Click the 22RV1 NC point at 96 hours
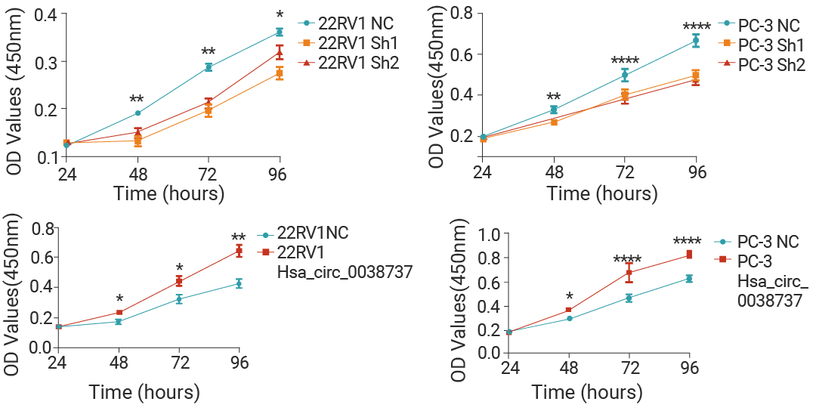280,32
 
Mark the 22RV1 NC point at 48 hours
138,113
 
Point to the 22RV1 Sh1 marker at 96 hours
280,73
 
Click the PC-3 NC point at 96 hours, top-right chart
696,41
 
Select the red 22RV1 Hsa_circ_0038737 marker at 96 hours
239,250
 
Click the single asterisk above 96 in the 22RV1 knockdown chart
280,14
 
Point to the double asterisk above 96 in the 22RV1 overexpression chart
239,236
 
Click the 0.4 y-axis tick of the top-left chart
47,14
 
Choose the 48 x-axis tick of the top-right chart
555,171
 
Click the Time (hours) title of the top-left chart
169,193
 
